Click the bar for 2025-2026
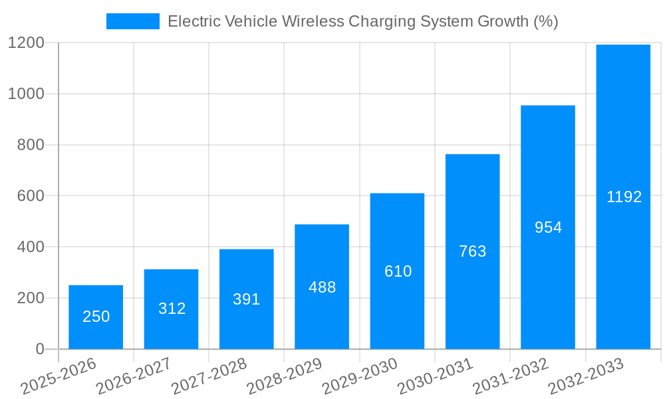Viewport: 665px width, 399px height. point(96,317)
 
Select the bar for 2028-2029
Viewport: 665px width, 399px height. point(322,287)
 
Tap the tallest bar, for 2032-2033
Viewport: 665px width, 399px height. point(623,197)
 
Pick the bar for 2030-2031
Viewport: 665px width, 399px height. point(472,251)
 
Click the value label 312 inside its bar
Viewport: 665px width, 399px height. point(172,309)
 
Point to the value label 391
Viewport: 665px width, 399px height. point(246,299)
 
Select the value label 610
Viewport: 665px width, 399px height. point(398,271)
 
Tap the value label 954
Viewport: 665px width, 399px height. point(548,227)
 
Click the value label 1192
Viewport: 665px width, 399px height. point(624,197)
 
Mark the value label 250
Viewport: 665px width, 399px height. point(96,317)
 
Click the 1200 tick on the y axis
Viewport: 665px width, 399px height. point(26,43)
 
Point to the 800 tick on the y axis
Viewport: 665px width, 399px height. point(31,145)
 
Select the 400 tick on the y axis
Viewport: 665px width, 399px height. point(31,247)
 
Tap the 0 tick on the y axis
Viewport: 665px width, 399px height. point(39,349)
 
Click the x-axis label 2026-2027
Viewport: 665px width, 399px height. point(133,376)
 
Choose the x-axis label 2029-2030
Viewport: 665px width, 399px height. point(359,376)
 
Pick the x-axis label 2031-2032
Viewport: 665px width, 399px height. point(510,376)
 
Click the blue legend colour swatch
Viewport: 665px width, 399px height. point(132,21)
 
